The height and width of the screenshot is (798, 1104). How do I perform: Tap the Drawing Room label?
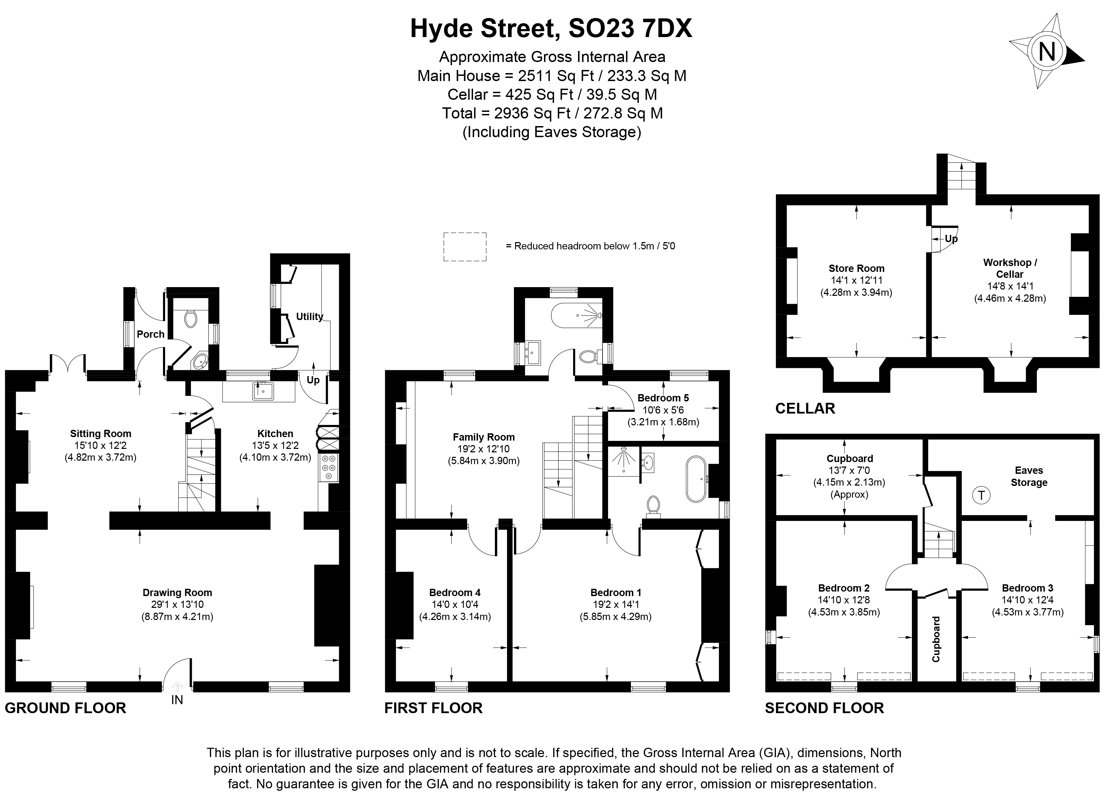click(x=177, y=592)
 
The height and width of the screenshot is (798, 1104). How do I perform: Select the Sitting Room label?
click(x=100, y=434)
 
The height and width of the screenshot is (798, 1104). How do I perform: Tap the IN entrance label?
click(x=177, y=700)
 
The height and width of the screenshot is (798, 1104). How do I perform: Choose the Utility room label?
click(x=310, y=317)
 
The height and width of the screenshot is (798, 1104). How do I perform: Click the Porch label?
click(x=151, y=334)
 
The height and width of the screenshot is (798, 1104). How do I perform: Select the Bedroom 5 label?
click(x=663, y=398)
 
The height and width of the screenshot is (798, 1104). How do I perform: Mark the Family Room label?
click(x=483, y=437)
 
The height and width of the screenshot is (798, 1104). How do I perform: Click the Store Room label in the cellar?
click(x=856, y=268)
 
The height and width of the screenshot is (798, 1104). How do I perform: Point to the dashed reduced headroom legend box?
click(x=464, y=247)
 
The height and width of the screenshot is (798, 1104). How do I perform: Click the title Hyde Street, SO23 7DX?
click(x=551, y=28)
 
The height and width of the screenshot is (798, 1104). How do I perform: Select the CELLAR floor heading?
click(x=805, y=408)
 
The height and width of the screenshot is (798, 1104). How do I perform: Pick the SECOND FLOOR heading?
click(x=824, y=708)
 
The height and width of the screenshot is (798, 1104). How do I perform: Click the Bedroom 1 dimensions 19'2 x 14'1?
click(x=615, y=604)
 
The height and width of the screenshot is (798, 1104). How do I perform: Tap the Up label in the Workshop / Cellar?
click(x=951, y=239)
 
